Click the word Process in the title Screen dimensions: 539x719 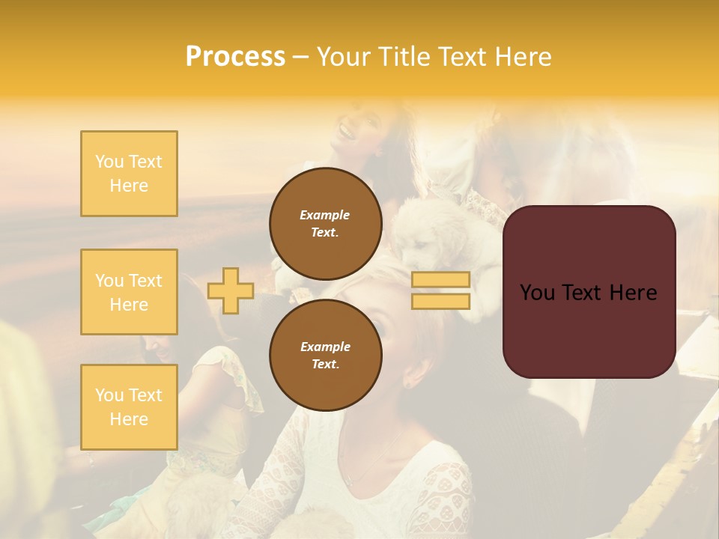pyautogui.click(x=235, y=57)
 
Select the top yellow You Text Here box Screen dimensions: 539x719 pyautogui.click(x=129, y=174)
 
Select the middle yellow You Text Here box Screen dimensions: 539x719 pyautogui.click(x=129, y=292)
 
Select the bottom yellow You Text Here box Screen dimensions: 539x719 pyautogui.click(x=129, y=407)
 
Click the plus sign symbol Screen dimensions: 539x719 pyautogui.click(x=231, y=290)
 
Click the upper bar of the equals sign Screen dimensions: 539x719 pyautogui.click(x=440, y=280)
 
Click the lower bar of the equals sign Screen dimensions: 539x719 pyautogui.click(x=440, y=302)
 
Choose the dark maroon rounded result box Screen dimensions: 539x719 pyautogui.click(x=589, y=329)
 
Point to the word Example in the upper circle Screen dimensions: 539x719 pyautogui.click(x=324, y=215)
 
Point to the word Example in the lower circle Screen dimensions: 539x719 pyautogui.click(x=324, y=347)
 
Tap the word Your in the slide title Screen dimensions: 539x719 pyautogui.click(x=342, y=57)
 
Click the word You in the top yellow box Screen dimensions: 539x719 pyautogui.click(x=109, y=162)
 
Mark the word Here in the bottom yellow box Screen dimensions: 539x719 pyautogui.click(x=129, y=419)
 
